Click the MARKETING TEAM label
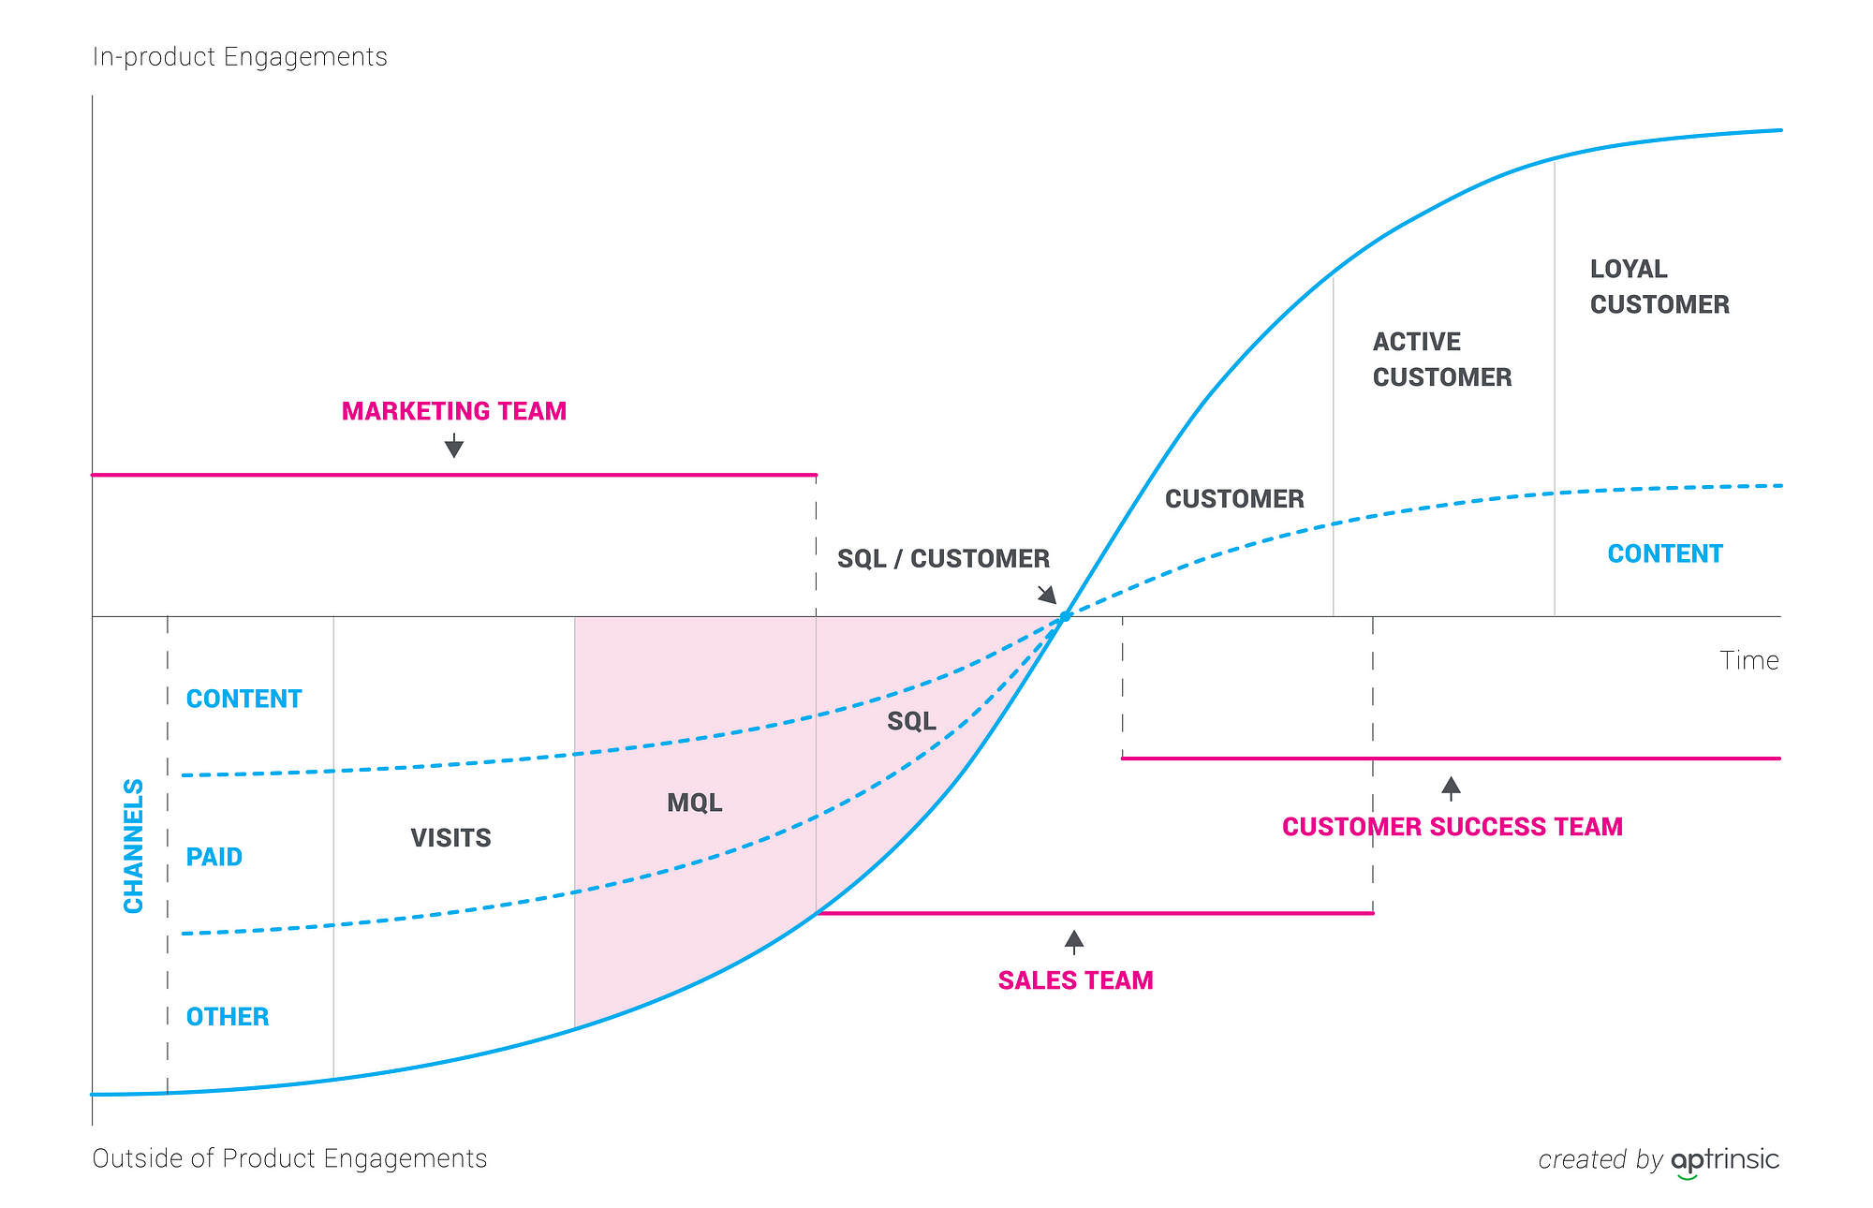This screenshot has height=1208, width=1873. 454,411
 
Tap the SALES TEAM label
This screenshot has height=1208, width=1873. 1075,980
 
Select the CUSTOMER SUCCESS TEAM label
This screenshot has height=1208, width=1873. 1452,827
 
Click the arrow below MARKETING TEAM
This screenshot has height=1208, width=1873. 454,446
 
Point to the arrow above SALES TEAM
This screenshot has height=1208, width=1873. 1074,941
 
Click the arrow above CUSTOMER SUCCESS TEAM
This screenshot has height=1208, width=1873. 1451,788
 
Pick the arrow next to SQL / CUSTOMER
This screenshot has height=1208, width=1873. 1047,595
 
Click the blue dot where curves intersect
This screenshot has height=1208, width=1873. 1065,617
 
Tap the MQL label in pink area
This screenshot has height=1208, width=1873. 694,803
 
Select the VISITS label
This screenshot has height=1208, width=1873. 450,838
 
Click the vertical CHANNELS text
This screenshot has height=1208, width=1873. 134,846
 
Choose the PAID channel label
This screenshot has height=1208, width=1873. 214,857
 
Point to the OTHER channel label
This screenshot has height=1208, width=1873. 228,1017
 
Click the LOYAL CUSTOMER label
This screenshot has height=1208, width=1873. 1659,287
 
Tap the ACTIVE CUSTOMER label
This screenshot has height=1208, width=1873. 1441,360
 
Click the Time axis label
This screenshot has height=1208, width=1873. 1748,661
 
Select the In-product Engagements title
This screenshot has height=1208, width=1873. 240,57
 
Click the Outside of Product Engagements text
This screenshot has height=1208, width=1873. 289,1158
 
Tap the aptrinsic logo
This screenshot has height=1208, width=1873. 1724,1160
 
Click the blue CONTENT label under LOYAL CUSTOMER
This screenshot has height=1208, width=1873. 1664,554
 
